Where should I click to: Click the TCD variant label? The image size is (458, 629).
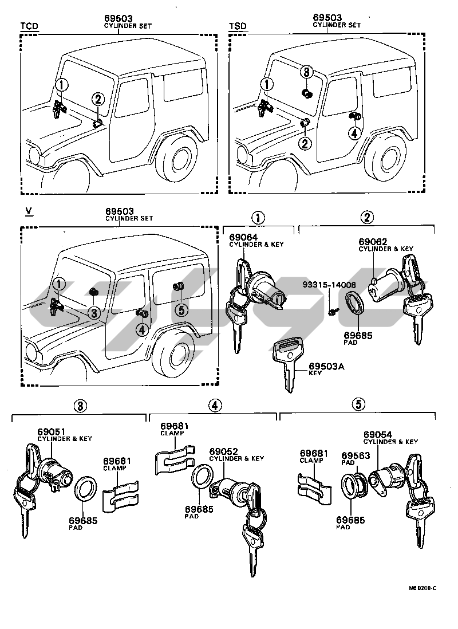[29, 26]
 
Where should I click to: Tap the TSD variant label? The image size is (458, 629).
[238, 26]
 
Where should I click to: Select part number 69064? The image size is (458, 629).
[243, 238]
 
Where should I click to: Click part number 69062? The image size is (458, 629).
[373, 242]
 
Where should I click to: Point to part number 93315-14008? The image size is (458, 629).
[329, 285]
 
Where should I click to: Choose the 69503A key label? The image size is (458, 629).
[326, 366]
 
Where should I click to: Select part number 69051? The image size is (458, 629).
[52, 432]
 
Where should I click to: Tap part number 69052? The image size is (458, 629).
[223, 451]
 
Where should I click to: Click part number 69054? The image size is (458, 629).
[378, 435]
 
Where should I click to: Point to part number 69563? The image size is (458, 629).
[356, 455]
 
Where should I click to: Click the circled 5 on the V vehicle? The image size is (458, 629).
[181, 310]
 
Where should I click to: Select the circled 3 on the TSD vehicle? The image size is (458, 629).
[306, 72]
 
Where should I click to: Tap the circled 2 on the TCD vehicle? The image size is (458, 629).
[98, 99]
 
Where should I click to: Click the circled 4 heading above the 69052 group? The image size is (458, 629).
[215, 406]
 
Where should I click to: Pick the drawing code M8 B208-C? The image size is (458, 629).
[423, 588]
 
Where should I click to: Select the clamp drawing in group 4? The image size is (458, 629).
[176, 461]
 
